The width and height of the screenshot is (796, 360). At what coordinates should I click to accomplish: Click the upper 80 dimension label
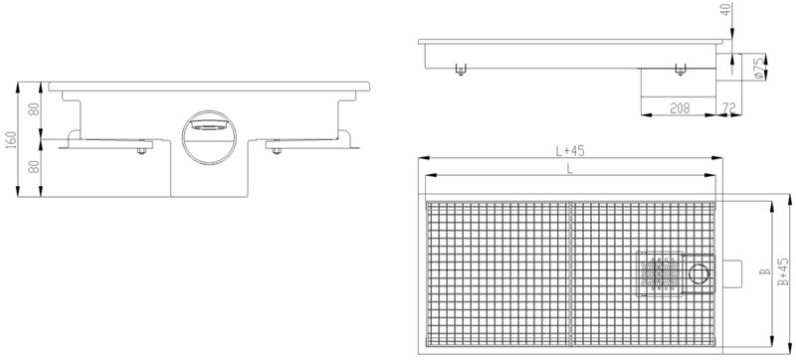[x=34, y=109]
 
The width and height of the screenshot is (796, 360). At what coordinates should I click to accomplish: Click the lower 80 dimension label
[x=34, y=167]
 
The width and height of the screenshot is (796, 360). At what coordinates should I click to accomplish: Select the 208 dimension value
[x=680, y=107]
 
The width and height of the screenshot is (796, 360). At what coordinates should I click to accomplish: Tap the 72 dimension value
[x=728, y=107]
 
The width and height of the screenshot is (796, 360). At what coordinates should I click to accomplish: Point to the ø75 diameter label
[x=759, y=68]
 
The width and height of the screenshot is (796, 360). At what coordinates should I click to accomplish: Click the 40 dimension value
[x=727, y=10]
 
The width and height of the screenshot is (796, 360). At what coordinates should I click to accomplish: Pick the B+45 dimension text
[x=782, y=271]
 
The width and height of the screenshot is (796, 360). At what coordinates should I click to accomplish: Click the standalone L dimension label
[x=569, y=169]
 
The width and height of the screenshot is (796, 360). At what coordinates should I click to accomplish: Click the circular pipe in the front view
[x=209, y=137]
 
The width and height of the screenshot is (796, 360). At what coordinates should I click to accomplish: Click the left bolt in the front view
[x=142, y=151]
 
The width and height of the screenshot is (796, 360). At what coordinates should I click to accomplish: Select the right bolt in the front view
[x=277, y=150]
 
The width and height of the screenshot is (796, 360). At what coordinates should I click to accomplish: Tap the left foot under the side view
[x=460, y=71]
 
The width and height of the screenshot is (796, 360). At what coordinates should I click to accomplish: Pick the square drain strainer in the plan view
[x=658, y=273]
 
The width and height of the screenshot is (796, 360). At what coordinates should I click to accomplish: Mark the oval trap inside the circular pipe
[x=208, y=125]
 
